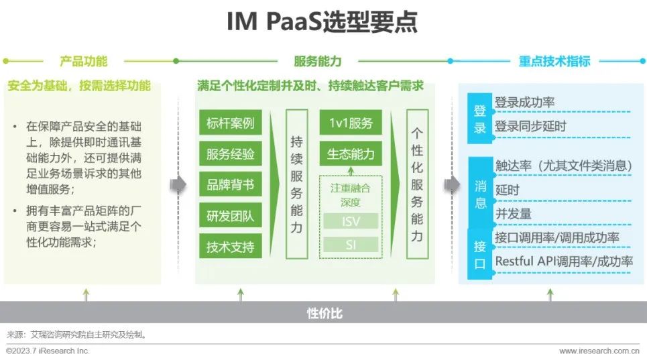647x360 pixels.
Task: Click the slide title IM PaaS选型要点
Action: click(x=322, y=21)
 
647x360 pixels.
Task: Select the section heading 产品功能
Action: click(x=84, y=61)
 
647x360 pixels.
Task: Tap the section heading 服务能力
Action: click(x=317, y=61)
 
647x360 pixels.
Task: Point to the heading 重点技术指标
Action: click(x=554, y=61)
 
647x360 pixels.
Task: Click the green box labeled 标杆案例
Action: click(x=231, y=124)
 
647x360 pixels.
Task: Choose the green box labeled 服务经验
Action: click(x=231, y=154)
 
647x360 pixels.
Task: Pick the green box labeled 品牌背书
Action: click(x=231, y=185)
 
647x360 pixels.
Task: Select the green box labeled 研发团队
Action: click(x=231, y=216)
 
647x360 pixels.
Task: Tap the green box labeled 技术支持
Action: click(x=231, y=247)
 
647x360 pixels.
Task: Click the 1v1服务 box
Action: click(x=351, y=124)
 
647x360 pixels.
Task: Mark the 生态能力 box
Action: click(x=351, y=154)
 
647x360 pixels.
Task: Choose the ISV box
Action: click(x=351, y=221)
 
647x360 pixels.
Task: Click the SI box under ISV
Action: click(x=351, y=245)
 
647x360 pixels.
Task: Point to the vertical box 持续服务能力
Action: click(x=296, y=184)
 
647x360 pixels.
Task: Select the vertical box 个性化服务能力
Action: click(x=417, y=184)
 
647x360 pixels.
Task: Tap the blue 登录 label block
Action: click(x=479, y=119)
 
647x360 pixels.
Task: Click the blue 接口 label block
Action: click(x=479, y=254)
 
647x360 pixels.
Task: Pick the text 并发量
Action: click(x=513, y=214)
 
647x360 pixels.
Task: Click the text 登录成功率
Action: click(x=524, y=103)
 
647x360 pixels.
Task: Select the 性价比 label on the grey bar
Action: click(x=325, y=312)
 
